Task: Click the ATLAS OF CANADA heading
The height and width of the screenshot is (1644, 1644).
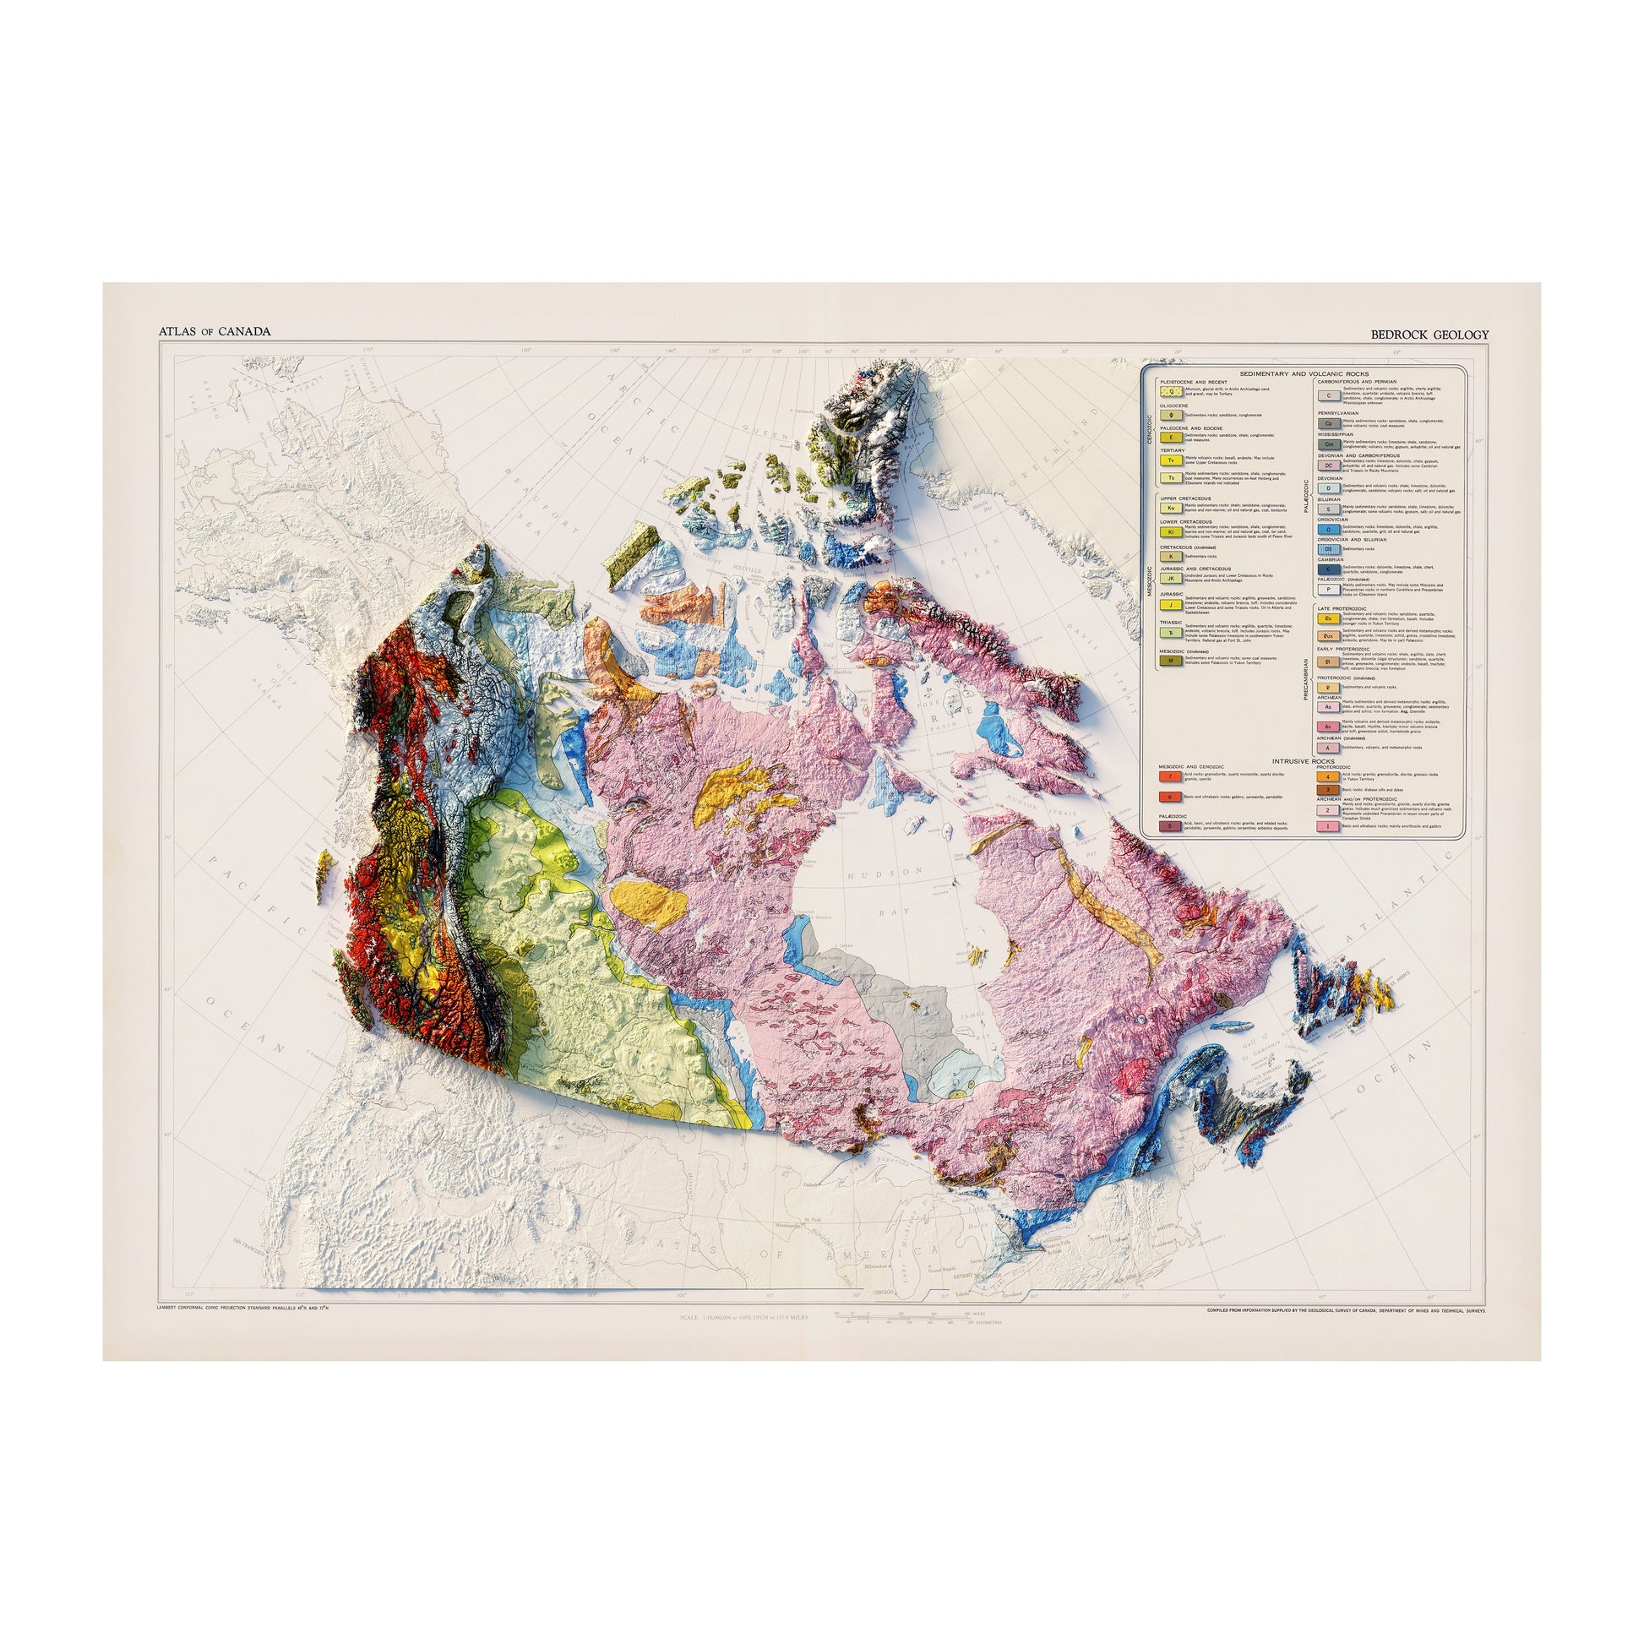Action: [215, 331]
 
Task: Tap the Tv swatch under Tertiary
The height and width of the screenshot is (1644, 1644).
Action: [1171, 460]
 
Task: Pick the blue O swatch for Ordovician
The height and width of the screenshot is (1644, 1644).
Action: [1327, 529]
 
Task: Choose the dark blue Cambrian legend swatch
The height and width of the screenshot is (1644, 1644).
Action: [1327, 569]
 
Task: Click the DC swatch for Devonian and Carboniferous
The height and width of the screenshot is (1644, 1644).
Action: [1327, 465]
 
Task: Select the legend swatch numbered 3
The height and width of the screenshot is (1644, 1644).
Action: [1327, 791]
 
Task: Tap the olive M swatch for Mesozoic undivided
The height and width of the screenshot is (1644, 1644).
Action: [1171, 661]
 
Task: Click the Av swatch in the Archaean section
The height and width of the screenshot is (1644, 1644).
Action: [1327, 726]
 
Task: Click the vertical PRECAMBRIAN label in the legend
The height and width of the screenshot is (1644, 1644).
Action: [1305, 679]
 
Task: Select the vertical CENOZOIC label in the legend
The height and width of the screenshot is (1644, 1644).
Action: [1150, 430]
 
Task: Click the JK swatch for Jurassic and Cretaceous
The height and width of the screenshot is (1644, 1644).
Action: [1171, 578]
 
